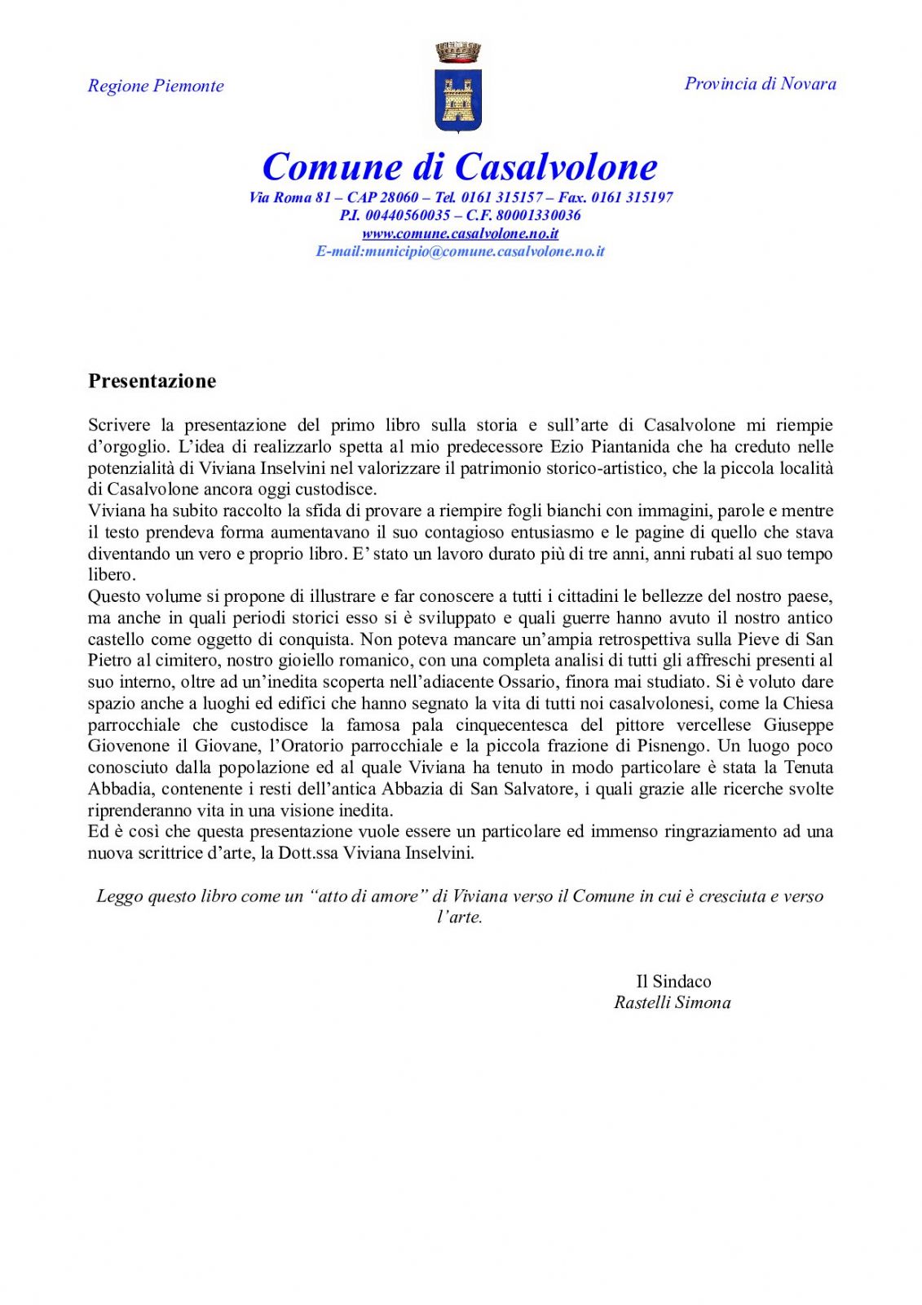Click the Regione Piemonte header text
click(156, 86)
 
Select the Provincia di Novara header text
click(760, 83)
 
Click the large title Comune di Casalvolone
click(460, 166)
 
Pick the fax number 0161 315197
click(632, 197)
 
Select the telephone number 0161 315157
click(501, 197)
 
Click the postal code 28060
click(399, 197)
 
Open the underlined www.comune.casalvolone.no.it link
click(461, 233)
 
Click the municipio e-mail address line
click(461, 251)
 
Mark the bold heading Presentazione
click(152, 381)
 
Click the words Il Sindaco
click(673, 981)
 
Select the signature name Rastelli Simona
click(673, 1002)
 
